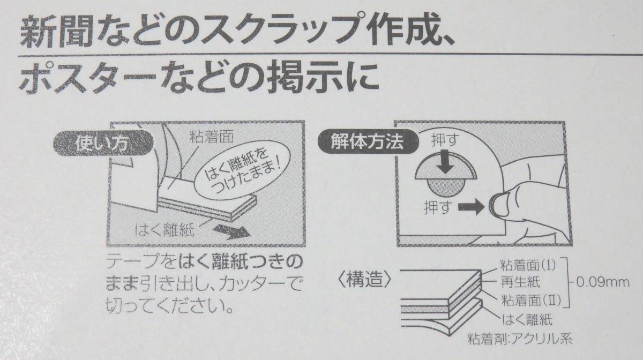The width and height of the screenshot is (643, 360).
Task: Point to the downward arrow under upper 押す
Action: (444, 162)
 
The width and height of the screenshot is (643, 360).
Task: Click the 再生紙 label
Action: (520, 281)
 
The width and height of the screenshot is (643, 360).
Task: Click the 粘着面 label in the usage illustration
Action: (212, 136)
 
